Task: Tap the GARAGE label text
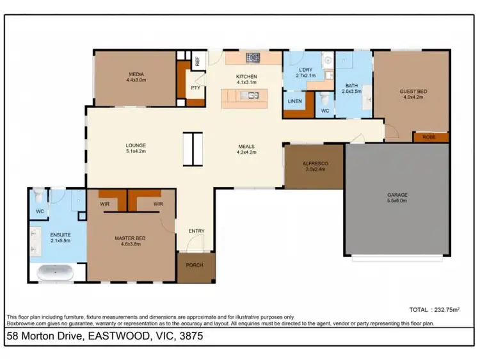(397, 194)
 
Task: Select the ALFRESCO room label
(315, 164)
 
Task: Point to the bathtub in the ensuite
(56, 272)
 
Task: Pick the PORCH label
(195, 265)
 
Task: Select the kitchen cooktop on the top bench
(253, 58)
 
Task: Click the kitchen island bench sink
(253, 96)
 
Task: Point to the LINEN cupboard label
(294, 101)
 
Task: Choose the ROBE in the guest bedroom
(428, 137)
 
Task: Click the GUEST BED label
(413, 92)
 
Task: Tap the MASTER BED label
(130, 238)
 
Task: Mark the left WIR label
(106, 204)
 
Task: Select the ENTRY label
(196, 231)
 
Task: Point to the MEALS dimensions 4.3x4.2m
(247, 152)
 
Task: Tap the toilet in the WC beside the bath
(324, 99)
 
